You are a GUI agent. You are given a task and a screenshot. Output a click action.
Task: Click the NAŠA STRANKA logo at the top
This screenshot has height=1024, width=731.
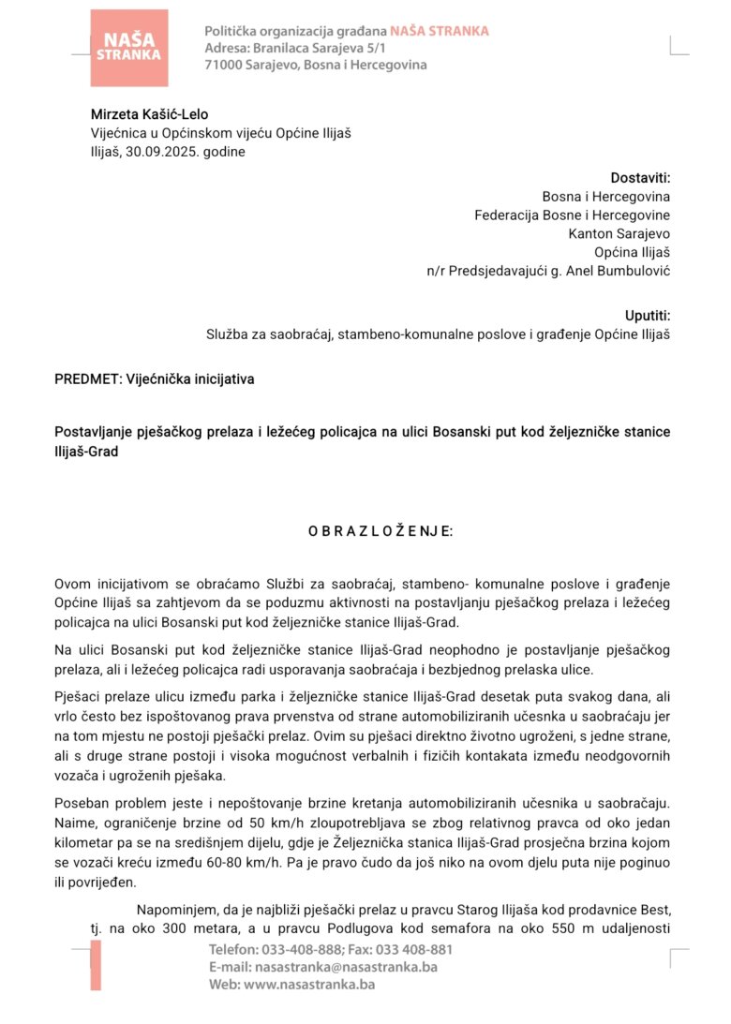129,48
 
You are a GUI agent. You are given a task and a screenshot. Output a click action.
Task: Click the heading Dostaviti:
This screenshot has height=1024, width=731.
641,178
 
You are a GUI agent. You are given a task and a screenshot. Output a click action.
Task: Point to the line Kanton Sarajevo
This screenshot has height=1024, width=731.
619,233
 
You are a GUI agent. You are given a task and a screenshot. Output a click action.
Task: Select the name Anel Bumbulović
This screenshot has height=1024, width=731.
619,271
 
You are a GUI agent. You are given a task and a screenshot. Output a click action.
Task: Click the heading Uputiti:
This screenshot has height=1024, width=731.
648,316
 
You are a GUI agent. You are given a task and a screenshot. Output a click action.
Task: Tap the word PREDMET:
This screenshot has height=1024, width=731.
87,379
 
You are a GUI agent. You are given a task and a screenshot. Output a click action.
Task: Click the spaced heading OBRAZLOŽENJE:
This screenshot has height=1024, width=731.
380,531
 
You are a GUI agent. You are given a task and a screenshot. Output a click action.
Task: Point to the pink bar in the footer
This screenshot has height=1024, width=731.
96,966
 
